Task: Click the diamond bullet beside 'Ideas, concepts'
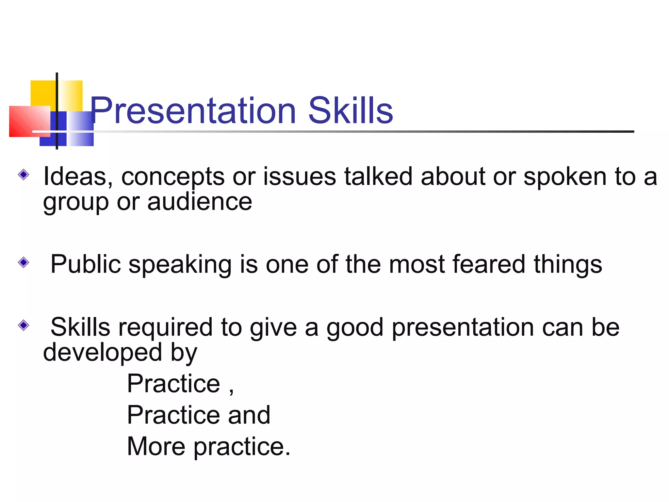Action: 24,175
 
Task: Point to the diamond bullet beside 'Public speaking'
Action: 24,262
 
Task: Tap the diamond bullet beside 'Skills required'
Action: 24,325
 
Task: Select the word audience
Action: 200,202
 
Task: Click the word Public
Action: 86,264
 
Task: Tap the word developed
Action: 103,352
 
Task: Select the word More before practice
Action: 156,446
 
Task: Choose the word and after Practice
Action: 249,415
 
